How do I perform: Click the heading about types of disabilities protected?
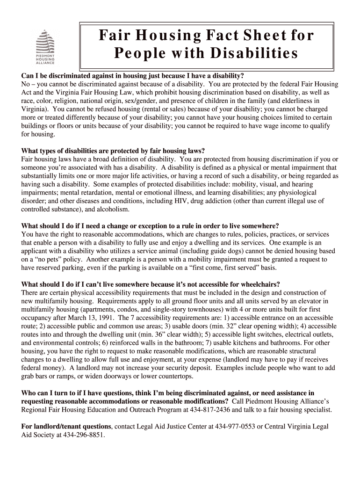click(113, 151)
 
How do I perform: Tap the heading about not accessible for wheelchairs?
click(151, 284)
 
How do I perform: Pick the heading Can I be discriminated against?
click(133, 75)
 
